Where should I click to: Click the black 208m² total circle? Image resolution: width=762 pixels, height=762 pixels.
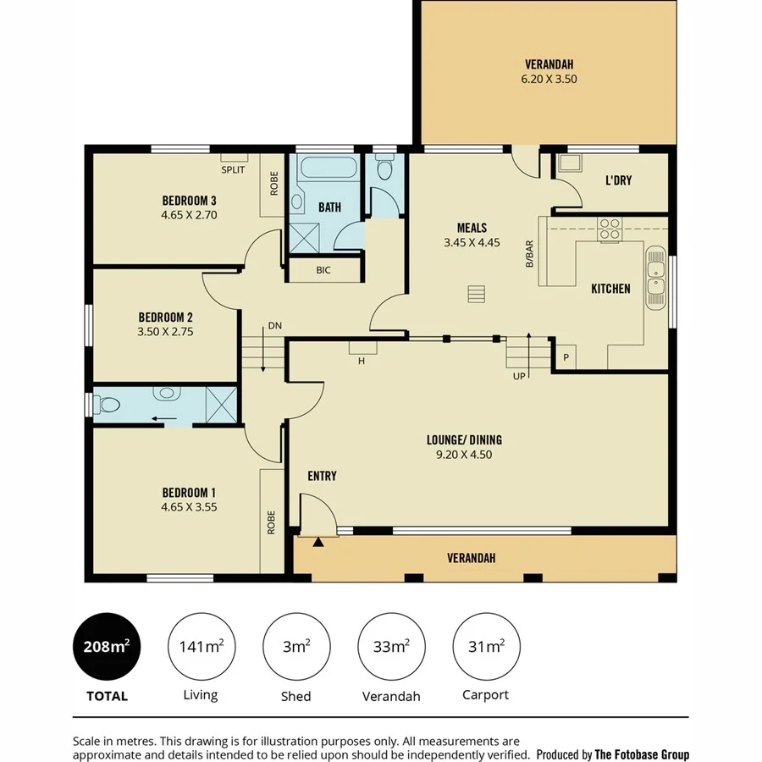click(106, 648)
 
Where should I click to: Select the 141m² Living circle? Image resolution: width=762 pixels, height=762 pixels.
click(201, 648)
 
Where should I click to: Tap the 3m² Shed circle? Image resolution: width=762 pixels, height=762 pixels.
click(295, 648)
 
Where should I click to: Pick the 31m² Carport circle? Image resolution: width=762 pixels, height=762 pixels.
click(486, 648)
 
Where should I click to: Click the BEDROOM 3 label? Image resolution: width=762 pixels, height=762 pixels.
click(190, 201)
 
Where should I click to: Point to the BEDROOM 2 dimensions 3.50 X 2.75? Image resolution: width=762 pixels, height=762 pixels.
click(166, 332)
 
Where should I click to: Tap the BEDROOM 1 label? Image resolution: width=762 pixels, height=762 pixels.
click(190, 493)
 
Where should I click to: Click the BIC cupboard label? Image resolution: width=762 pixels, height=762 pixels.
click(323, 271)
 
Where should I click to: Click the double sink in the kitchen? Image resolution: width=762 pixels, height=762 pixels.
click(655, 278)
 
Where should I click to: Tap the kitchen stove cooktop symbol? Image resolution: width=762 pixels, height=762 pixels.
click(610, 228)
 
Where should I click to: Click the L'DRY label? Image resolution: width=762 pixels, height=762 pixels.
click(618, 180)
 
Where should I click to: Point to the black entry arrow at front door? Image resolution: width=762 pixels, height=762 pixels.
click(318, 542)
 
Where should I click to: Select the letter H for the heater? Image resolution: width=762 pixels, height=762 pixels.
click(362, 361)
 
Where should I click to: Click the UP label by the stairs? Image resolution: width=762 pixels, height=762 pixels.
click(518, 375)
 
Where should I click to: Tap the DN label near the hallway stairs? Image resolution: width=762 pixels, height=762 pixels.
click(274, 325)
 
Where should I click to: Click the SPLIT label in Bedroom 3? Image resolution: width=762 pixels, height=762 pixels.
click(233, 169)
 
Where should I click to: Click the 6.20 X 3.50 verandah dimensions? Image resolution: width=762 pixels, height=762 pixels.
click(549, 79)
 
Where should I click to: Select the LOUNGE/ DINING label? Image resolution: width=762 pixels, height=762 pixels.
click(464, 439)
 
